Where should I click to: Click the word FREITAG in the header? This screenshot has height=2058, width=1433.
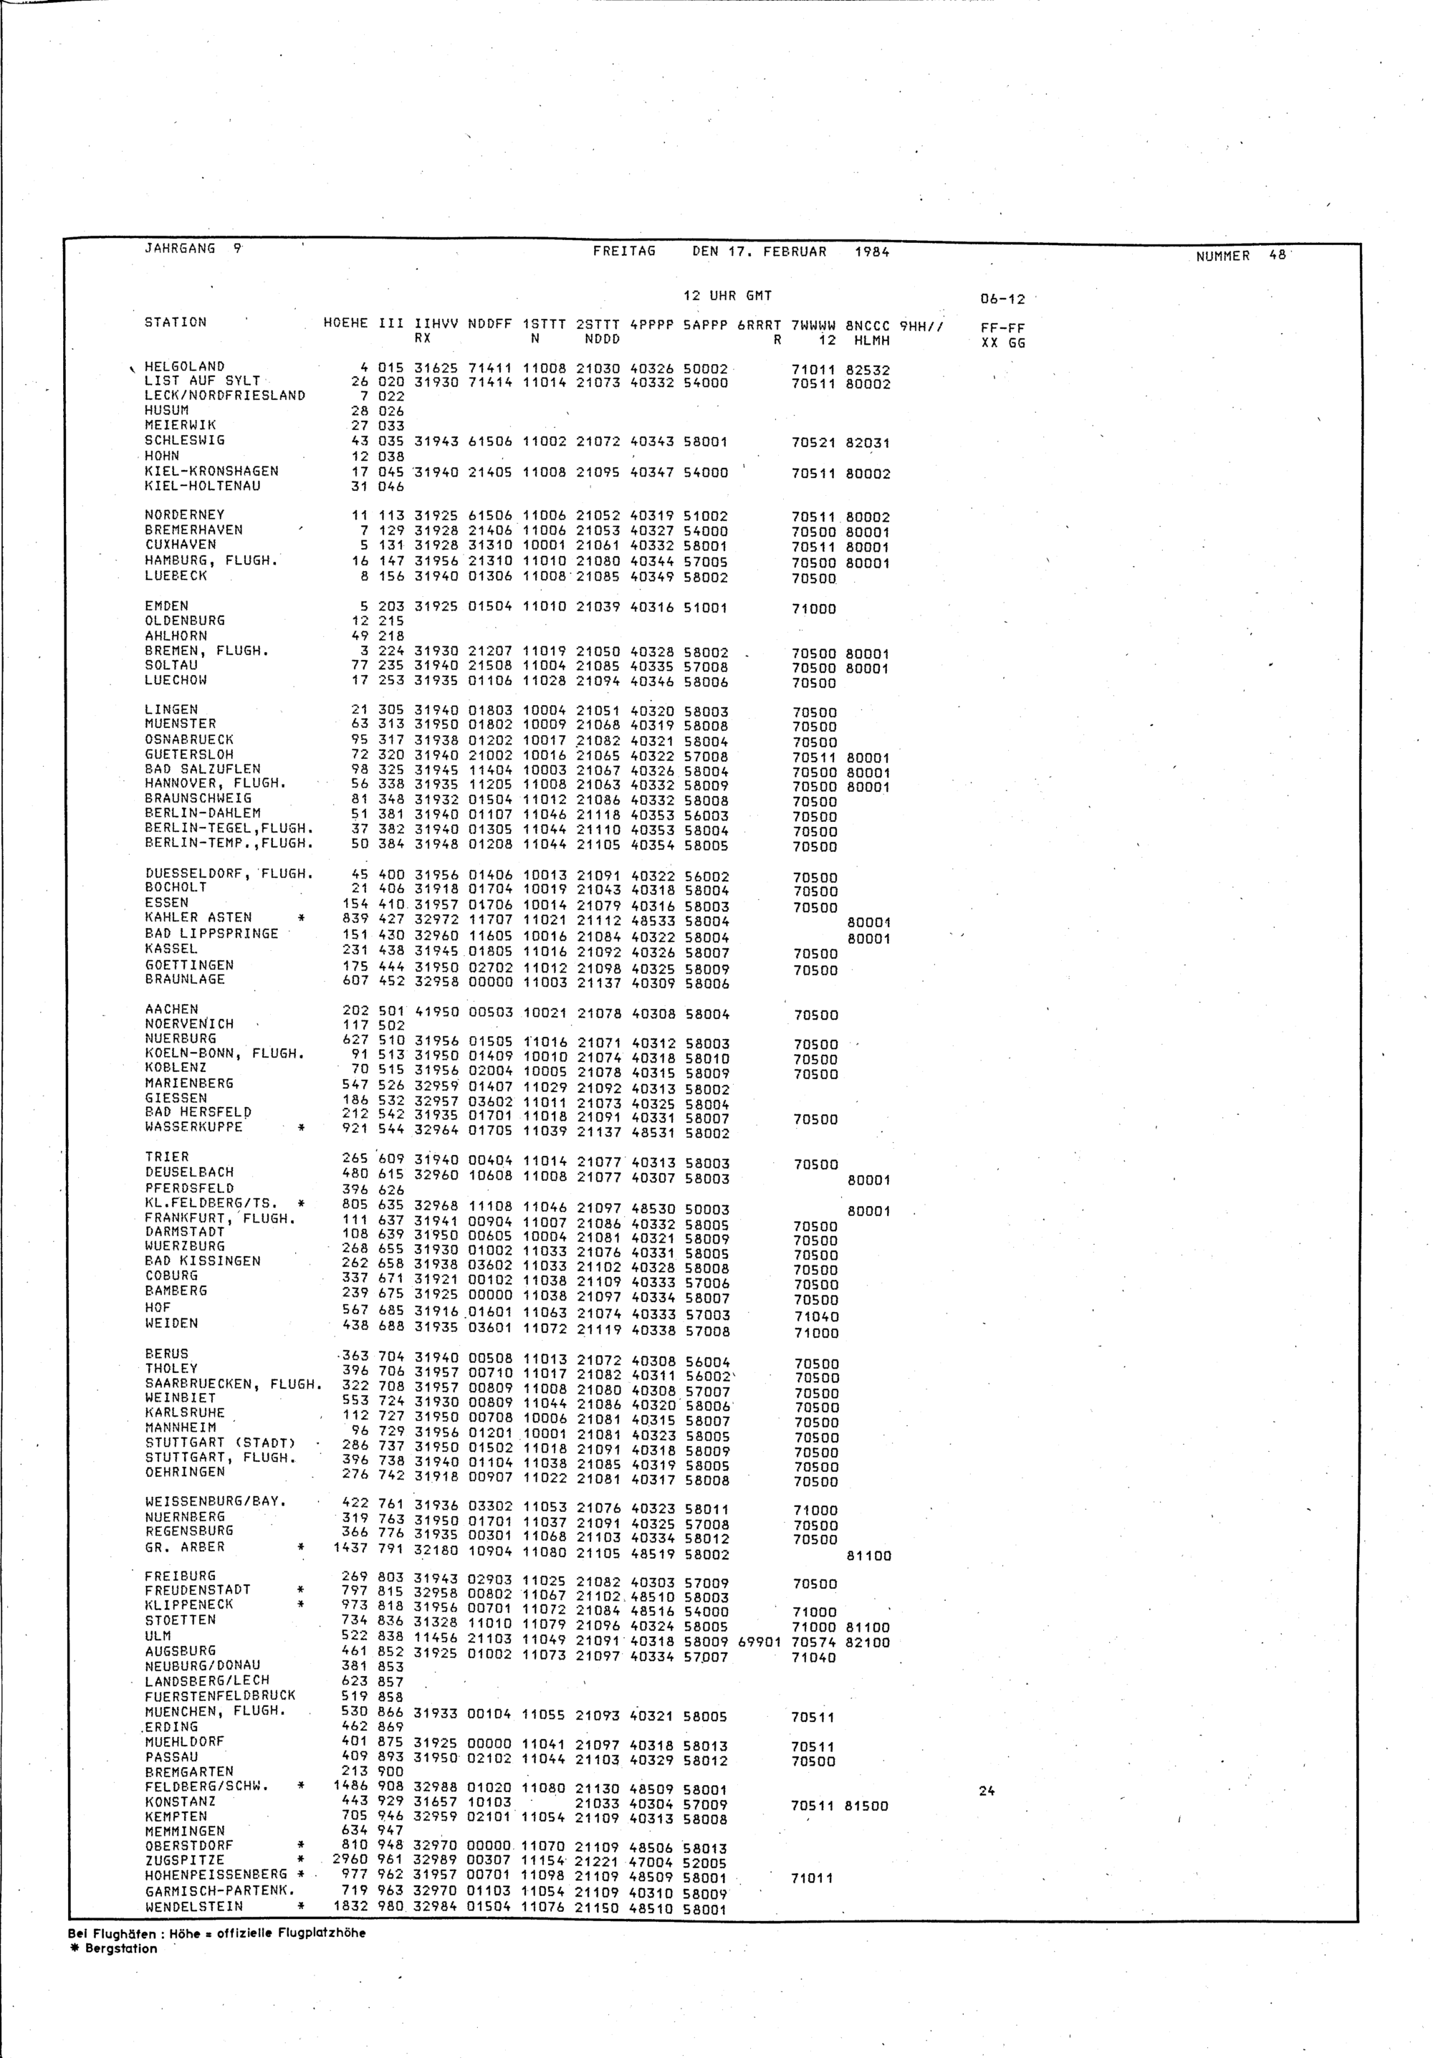[x=624, y=251]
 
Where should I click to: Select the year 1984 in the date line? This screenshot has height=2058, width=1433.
[x=871, y=252]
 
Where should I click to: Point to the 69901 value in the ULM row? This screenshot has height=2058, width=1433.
[x=759, y=1642]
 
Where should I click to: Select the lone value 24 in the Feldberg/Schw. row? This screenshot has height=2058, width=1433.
[x=987, y=1791]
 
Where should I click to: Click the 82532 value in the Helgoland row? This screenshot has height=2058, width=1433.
[x=868, y=369]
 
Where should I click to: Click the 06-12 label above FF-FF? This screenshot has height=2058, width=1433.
[x=1003, y=300]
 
